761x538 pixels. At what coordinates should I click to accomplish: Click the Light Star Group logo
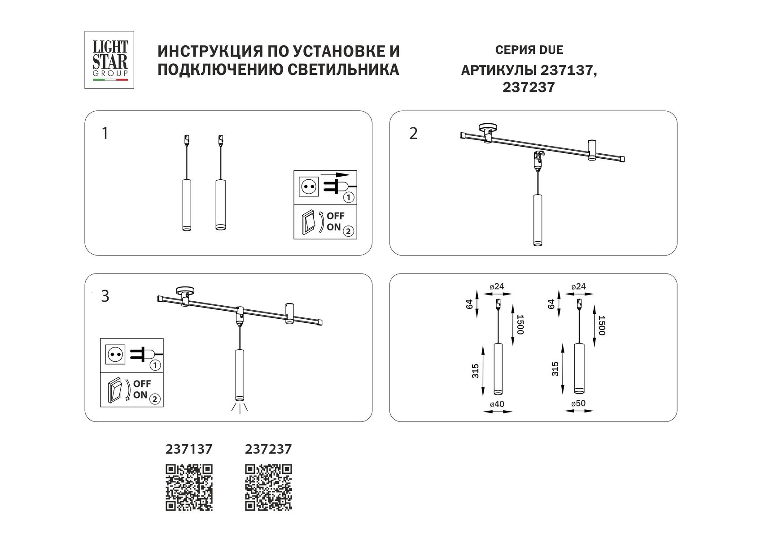[x=109, y=59]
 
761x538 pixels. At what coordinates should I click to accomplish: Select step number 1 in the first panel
[x=105, y=134]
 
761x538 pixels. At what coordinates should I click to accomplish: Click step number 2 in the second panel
[x=413, y=134]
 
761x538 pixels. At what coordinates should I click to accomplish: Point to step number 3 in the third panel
[x=105, y=296]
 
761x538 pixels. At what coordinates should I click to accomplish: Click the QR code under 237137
[x=189, y=488]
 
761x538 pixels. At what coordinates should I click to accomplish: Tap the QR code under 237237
[x=268, y=488]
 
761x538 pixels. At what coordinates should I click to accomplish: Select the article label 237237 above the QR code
[x=268, y=449]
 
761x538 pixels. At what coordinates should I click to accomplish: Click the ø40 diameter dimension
[x=497, y=404]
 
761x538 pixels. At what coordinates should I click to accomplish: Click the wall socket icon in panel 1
[x=308, y=186]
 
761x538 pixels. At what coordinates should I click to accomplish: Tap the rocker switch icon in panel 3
[x=115, y=390]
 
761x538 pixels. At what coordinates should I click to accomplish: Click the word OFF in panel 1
[x=336, y=216]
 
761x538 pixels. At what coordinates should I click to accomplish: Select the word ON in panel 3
[x=140, y=395]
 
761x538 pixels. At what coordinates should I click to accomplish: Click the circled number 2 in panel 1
[x=348, y=231]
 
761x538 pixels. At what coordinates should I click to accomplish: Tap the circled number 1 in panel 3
[x=155, y=365]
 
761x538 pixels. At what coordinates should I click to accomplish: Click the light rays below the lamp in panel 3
[x=240, y=408]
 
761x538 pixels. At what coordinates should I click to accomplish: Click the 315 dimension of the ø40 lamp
[x=476, y=370]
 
